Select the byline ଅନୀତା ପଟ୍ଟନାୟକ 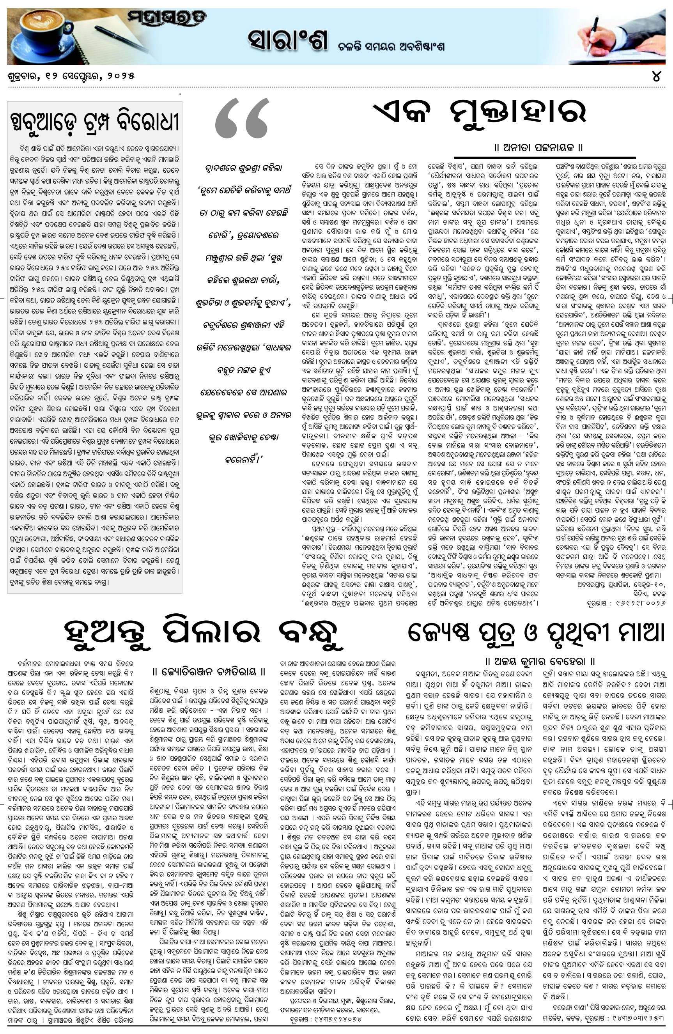click(538, 148)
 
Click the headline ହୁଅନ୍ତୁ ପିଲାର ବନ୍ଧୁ click(200, 632)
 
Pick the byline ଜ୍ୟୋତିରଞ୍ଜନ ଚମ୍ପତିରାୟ click(209, 671)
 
